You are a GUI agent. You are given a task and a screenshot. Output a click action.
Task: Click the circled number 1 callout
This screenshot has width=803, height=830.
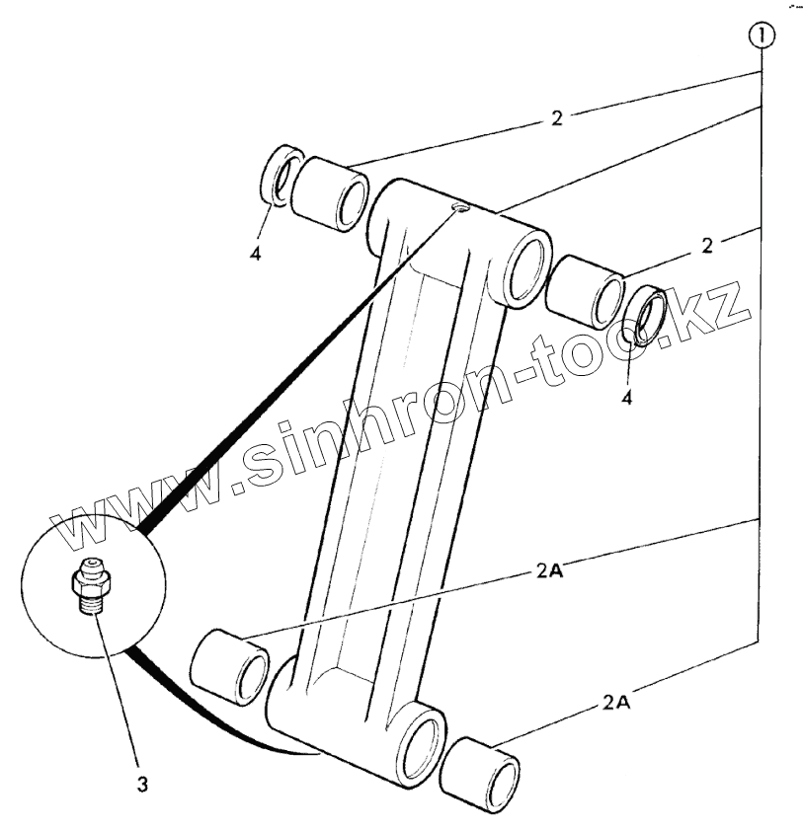(763, 38)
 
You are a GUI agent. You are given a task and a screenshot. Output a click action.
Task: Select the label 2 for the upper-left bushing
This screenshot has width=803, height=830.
(556, 118)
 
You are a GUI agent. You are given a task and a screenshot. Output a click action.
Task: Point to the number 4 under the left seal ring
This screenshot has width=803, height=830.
(256, 253)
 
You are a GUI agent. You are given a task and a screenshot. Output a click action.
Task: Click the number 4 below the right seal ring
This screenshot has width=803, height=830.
(626, 399)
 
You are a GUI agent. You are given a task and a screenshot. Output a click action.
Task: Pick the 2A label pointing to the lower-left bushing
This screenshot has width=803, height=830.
(550, 571)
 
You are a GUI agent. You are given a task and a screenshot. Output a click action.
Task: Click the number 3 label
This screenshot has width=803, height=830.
(143, 786)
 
